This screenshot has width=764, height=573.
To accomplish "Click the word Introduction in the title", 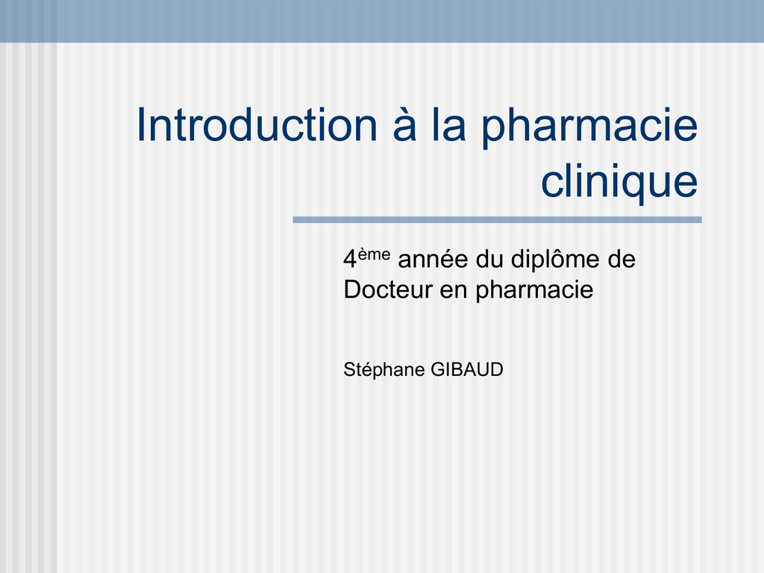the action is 257,125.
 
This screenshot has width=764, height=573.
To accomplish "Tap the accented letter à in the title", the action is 404,125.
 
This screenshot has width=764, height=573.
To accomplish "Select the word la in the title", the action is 448,125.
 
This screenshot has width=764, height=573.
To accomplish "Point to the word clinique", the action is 619,181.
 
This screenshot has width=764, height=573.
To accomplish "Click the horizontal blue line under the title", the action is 497,220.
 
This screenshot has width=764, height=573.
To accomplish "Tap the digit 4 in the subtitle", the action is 350,259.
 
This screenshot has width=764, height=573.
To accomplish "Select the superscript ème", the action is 375,254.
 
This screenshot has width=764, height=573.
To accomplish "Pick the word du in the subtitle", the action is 489,259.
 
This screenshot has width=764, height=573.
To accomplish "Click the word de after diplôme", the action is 621,259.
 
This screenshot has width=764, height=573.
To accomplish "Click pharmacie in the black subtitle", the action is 534,292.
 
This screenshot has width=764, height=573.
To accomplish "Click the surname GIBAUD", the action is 467,370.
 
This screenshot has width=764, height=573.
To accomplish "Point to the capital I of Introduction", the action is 142,125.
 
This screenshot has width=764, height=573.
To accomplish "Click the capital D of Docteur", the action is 352,289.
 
